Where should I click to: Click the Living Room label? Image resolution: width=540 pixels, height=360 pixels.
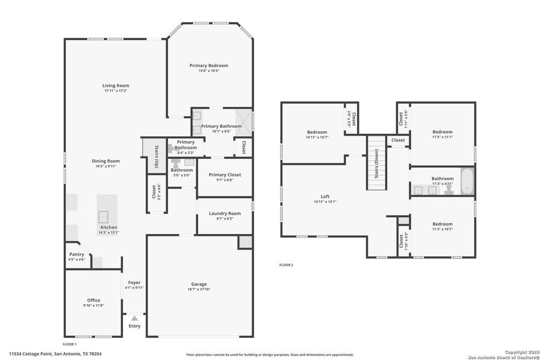click(115, 86)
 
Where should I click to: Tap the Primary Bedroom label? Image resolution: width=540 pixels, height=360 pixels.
click(209, 65)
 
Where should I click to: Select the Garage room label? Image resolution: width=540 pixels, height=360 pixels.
click(199, 284)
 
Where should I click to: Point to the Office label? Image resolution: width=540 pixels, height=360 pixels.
click(93, 300)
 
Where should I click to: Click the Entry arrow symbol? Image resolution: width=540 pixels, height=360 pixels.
click(134, 318)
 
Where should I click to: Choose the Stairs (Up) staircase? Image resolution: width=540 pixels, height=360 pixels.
click(153, 155)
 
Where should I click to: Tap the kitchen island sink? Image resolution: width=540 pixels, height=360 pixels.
click(104, 215)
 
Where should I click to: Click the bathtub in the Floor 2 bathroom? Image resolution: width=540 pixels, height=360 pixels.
click(467, 182)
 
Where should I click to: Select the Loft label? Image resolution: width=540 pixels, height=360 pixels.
click(325, 196)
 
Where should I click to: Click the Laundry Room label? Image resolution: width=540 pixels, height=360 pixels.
click(224, 214)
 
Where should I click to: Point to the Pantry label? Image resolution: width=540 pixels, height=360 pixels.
click(77, 254)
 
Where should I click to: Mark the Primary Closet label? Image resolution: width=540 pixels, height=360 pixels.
click(224, 175)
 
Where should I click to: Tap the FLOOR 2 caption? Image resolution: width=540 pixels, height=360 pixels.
click(286, 265)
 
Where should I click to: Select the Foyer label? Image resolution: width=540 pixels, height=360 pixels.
click(134, 282)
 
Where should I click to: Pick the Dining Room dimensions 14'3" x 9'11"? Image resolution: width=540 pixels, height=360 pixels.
click(106, 166)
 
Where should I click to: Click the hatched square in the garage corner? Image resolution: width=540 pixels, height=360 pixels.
click(244, 241)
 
